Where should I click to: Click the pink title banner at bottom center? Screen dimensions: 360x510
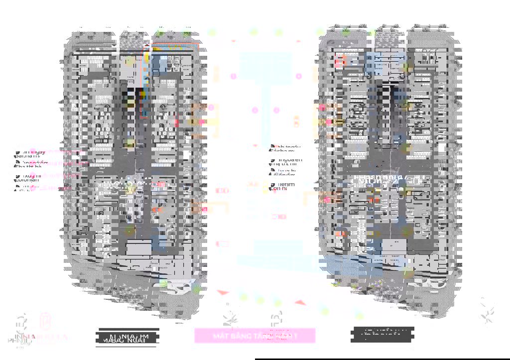coord(255,336)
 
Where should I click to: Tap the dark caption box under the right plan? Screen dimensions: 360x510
coord(382,335)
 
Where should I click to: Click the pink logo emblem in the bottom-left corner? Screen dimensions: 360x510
coord(45,322)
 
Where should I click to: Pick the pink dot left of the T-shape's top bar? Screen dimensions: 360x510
coord(233,76)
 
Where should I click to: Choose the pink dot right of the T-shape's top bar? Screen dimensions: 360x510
coord(299,76)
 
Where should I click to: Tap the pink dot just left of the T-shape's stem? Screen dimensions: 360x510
coord(255,110)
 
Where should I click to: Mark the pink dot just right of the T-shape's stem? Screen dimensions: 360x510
coord(277,110)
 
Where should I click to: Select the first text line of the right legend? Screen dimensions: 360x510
coord(288,147)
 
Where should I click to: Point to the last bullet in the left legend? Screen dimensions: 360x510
coord(18,188)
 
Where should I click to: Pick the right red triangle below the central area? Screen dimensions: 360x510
coord(299,302)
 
